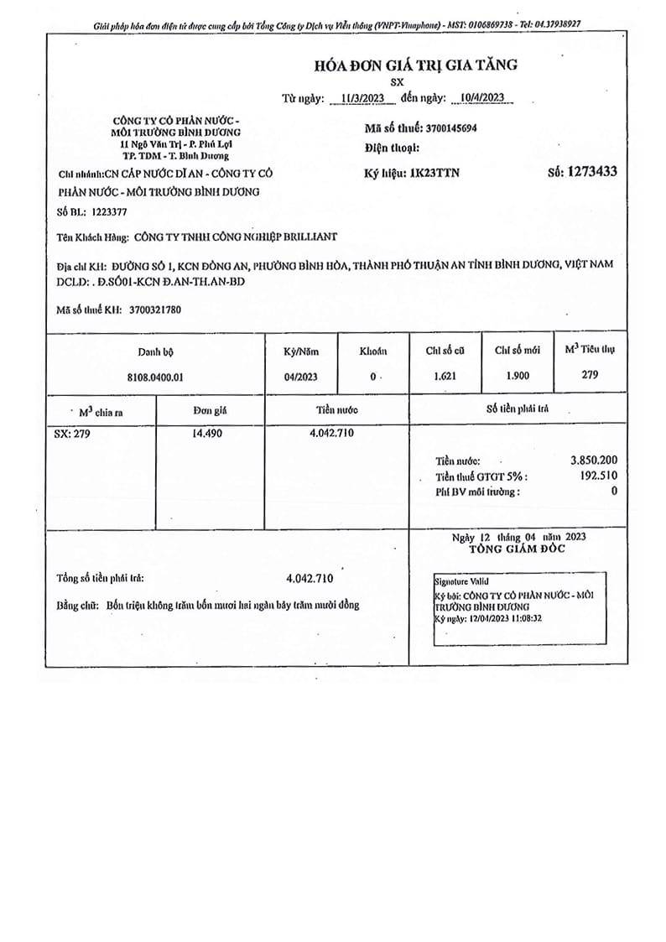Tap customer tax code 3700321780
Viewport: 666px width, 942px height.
(155, 310)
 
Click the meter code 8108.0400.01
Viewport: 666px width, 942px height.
(156, 377)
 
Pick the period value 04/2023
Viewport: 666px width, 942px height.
(301, 377)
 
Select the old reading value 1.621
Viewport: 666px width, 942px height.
(445, 377)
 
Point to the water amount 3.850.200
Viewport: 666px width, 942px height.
(593, 461)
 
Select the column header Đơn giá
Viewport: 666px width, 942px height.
(210, 411)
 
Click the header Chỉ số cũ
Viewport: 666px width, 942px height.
(445, 351)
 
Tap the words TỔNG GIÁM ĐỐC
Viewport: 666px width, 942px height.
(518, 549)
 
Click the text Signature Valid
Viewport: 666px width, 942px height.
(461, 580)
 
